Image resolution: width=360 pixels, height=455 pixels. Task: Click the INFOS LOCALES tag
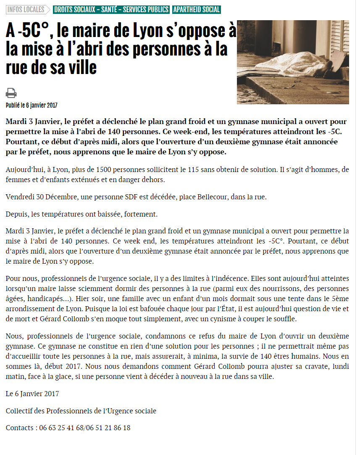26,10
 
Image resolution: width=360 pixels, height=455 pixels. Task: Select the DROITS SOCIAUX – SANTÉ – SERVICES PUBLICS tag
111,10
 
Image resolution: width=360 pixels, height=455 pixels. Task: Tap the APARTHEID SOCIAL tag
197,10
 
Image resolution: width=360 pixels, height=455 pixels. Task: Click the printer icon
11,93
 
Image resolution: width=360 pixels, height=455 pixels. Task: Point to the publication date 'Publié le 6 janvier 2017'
32,105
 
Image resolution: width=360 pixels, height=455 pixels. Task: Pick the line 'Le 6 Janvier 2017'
32,394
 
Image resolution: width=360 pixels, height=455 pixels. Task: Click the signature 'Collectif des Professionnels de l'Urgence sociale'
81,410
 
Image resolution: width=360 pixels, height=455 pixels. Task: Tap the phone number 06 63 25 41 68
61,428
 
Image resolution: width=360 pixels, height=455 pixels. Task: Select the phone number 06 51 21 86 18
108,428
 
